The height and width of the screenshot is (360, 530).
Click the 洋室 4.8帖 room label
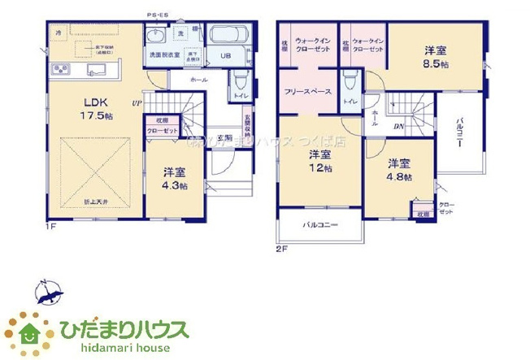click(x=398, y=168)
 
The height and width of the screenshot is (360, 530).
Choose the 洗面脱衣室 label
click(x=163, y=55)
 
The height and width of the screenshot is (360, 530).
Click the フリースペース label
click(x=307, y=92)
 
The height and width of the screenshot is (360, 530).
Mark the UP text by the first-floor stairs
click(x=137, y=104)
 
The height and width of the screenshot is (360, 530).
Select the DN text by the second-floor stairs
click(x=398, y=127)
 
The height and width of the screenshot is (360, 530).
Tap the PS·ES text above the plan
click(x=157, y=15)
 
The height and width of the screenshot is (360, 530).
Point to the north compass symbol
click(x=46, y=293)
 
